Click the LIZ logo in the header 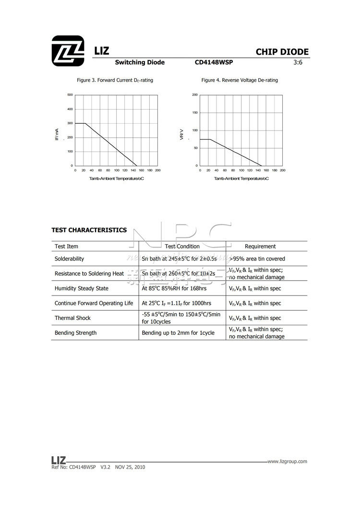click(x=67, y=50)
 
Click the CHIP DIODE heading click(x=282, y=52)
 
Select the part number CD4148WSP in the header click(x=214, y=62)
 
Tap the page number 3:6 click(x=299, y=62)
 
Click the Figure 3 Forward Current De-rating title click(x=115, y=80)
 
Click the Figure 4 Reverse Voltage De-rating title click(x=240, y=80)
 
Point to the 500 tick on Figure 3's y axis click(x=70, y=95)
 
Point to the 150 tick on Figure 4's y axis click(x=195, y=113)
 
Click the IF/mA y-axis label click(x=57, y=134)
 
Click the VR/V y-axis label click(x=181, y=134)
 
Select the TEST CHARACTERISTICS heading click(x=89, y=230)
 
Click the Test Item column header click(x=66, y=247)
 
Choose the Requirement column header click(x=260, y=247)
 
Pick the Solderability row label click(x=69, y=259)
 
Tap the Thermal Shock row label click(x=72, y=318)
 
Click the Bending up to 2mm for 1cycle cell click(x=178, y=333)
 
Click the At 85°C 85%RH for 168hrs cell click(x=174, y=289)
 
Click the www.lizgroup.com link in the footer click(x=287, y=462)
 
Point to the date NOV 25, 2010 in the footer click(x=130, y=467)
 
